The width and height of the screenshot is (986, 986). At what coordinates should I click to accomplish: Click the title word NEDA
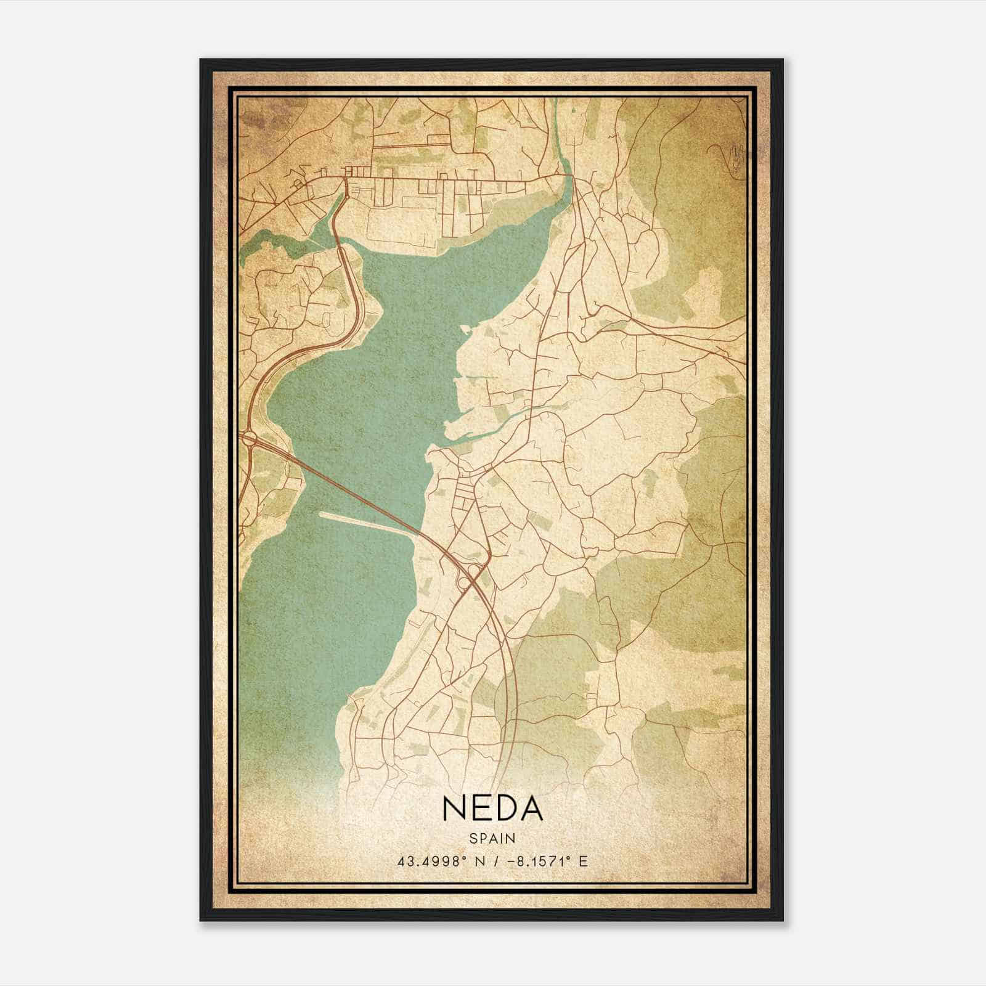492,808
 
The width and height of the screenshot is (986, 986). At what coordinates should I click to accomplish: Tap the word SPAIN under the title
492,838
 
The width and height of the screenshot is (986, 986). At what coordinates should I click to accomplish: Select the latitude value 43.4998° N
438,861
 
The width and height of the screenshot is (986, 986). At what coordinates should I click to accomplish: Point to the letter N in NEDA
453,808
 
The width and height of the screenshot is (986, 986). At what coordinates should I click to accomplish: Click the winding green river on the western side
277,240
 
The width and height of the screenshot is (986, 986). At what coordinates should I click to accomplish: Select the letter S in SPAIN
473,838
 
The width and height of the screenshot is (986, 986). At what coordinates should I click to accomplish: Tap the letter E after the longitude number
584,861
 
